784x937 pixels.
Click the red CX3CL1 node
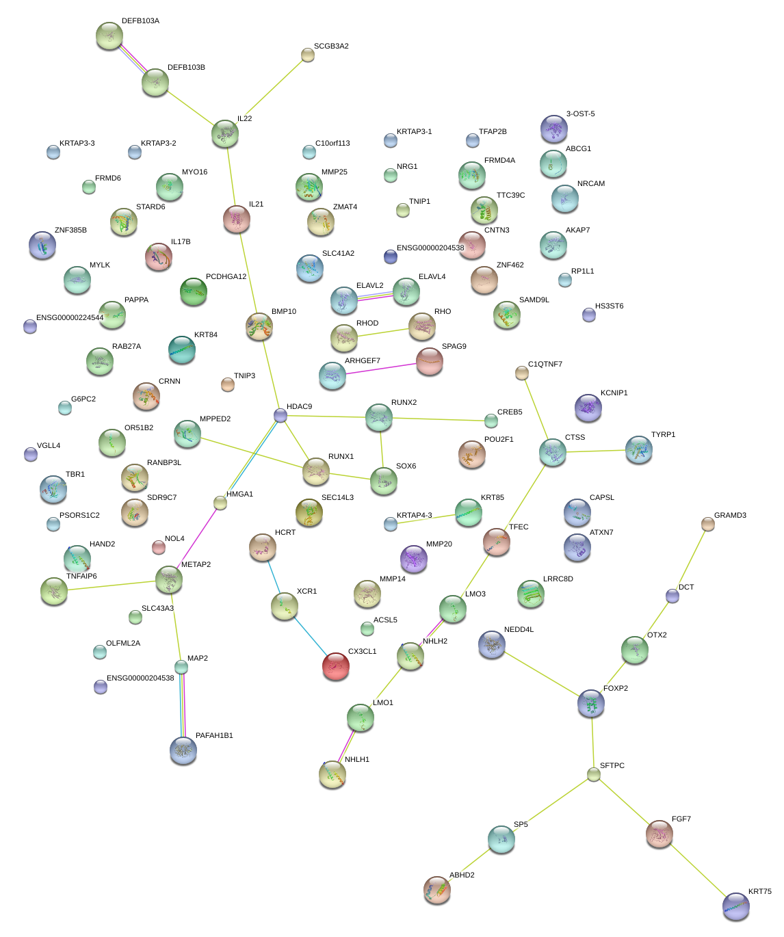pos(335,666)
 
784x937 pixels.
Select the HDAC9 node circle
pos(280,415)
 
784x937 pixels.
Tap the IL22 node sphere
pos(225,133)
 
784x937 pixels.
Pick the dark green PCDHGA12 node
pos(194,292)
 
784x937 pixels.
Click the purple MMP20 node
pos(413,559)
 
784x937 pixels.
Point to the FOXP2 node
pos(591,703)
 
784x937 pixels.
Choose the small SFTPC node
pos(594,774)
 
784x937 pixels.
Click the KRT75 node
pos(736,906)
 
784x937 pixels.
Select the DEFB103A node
pos(109,36)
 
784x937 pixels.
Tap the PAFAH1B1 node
pos(183,750)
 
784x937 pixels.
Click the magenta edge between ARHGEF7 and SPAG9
pos(380,369)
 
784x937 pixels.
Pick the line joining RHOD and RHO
pos(383,332)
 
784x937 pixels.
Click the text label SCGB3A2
pos(331,47)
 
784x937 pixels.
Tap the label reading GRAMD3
pos(730,516)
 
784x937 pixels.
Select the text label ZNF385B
pos(70,230)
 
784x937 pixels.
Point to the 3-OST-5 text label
pos(580,114)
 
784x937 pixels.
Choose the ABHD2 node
pos(437,890)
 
